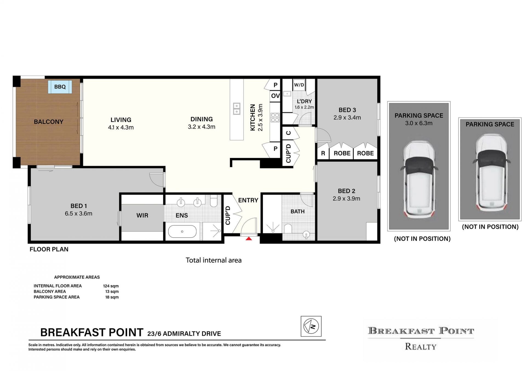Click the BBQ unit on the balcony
pos(60,87)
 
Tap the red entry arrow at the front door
pos(248,239)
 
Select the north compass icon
pos(311,326)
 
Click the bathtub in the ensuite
pos(182,231)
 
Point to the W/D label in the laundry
pos(299,85)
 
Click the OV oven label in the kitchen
pos(275,96)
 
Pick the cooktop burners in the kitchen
pos(275,117)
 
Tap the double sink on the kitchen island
pos(236,109)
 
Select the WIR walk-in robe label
pos(142,216)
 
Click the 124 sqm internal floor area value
pos(111,286)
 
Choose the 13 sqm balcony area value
pos(112,291)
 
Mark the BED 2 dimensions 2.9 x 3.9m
pos(346,199)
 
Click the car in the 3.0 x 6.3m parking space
pos(419,179)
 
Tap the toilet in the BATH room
pos(288,228)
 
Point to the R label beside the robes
pos(323,153)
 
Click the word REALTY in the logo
pos(421,347)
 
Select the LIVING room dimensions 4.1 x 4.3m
pos(121,127)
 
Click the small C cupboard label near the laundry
pos(288,133)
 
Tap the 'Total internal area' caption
pos(214,260)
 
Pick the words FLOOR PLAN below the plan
pos(49,249)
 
